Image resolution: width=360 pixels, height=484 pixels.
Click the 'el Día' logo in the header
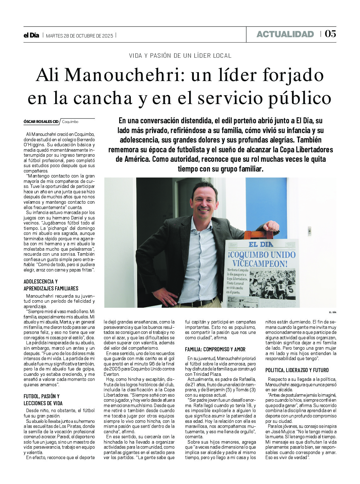click(31, 35)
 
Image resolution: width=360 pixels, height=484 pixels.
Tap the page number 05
click(330, 34)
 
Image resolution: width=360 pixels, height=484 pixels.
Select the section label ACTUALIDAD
click(285, 34)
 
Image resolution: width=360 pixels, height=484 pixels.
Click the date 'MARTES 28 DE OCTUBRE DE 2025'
click(79, 36)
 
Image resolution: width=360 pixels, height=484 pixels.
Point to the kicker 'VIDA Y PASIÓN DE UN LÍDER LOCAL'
click(180, 56)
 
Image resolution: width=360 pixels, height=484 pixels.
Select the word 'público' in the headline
click(299, 98)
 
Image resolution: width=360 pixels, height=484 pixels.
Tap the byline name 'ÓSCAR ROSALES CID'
click(41, 122)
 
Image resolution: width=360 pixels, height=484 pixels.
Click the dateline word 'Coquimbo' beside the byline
click(70, 122)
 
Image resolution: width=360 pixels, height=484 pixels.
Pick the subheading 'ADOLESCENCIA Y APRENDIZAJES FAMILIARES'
click(51, 285)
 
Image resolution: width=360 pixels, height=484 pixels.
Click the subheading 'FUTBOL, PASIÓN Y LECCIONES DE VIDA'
click(43, 399)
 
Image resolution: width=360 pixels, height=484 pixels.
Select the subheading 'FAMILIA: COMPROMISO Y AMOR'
click(215, 349)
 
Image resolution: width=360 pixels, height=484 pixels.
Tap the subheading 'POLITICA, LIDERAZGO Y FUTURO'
click(297, 370)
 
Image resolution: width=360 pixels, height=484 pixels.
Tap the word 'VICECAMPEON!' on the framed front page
click(260, 264)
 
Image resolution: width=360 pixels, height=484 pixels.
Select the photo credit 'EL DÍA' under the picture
click(333, 312)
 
